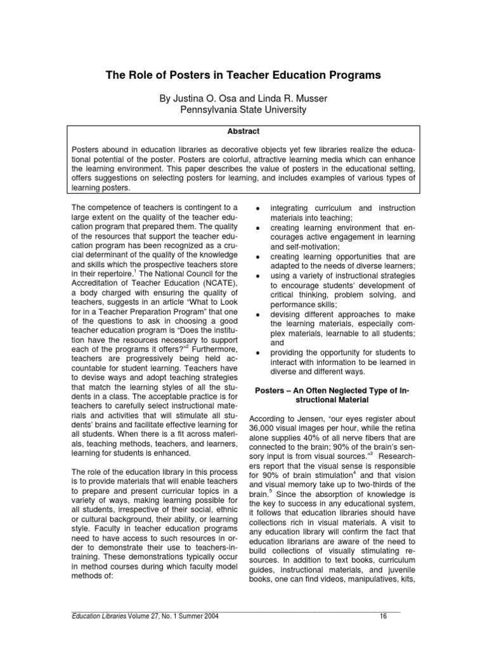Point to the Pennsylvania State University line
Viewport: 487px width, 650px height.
tap(243, 110)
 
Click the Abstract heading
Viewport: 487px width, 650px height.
tap(243, 131)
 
